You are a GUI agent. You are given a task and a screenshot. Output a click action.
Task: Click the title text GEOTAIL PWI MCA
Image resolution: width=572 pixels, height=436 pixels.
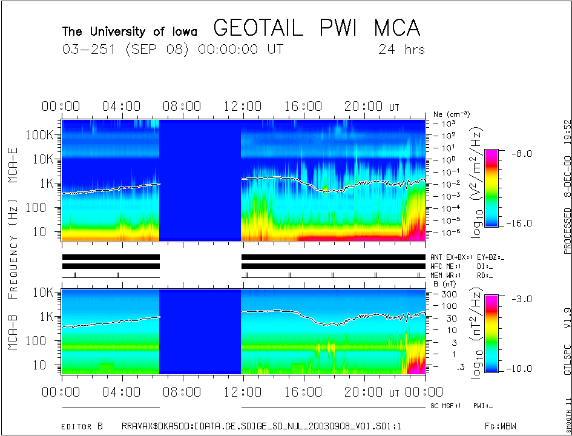point(317,28)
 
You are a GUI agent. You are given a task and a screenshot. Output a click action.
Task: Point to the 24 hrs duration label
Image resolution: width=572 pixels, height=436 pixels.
point(401,49)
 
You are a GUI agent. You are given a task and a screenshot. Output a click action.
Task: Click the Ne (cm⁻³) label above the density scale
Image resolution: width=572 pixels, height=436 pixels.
point(452,114)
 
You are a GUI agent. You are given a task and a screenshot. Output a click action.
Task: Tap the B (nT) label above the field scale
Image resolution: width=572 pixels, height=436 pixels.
point(444,283)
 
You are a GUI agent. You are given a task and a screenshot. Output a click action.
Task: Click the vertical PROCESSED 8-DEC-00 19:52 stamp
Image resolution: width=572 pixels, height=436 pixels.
point(567,185)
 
